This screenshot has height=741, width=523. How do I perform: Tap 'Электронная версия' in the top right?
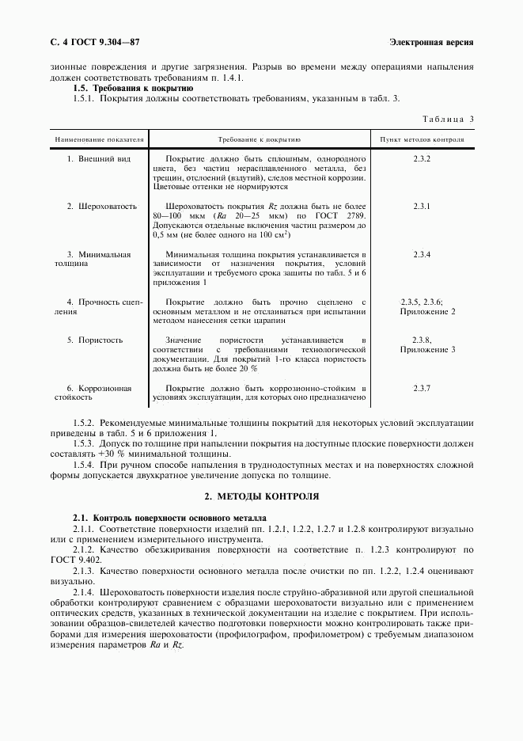pos(432,41)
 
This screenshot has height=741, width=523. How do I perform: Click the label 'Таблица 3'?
pos(448,120)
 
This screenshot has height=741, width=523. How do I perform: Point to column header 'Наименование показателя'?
pos(99,139)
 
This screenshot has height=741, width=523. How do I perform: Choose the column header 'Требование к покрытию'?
pos(259,139)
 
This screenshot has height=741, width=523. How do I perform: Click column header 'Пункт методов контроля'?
pos(422,139)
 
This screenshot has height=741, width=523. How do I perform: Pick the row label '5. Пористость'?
pos(95,340)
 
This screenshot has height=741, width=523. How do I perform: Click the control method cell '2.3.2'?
pos(421,159)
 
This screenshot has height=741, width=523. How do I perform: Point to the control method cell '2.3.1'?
pos(421,207)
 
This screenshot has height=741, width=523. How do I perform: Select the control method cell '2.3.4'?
pos(421,254)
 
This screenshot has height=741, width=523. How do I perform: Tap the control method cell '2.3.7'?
pos(421,388)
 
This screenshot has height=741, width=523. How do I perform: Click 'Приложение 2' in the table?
pos(427,311)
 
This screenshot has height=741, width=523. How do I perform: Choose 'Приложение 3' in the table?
pos(427,349)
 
